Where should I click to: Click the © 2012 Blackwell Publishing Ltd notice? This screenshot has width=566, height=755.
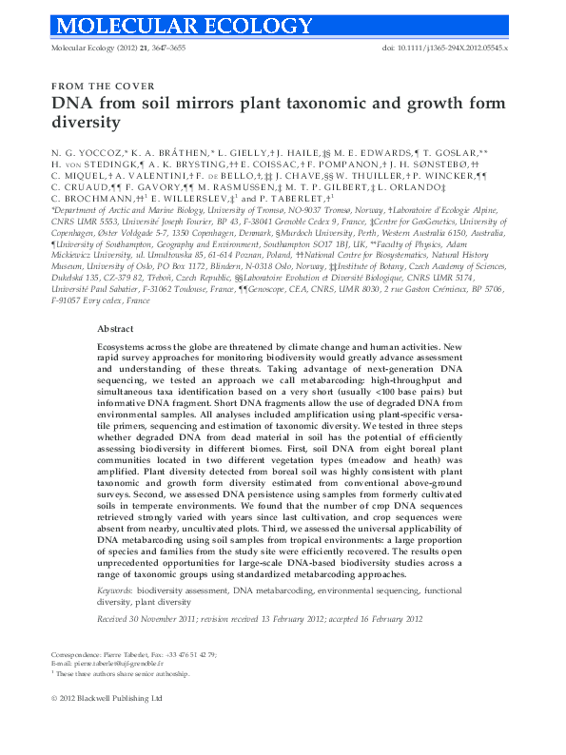107,725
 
